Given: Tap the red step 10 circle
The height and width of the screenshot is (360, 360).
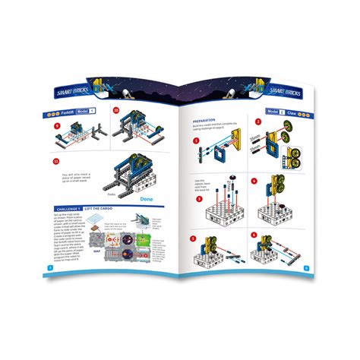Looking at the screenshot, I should point(116,111).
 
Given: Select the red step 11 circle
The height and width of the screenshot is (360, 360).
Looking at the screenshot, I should point(56,161).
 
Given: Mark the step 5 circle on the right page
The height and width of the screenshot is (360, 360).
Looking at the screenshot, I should point(199,244).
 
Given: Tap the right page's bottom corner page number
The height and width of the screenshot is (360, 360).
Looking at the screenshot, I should point(305,267).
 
